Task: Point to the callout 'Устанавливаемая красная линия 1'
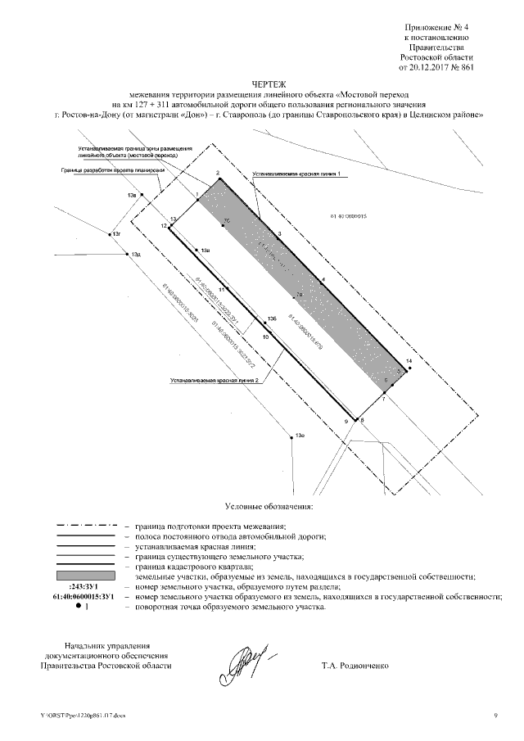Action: (x=296, y=174)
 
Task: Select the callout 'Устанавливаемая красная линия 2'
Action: (x=215, y=381)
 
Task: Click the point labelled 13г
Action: (x=110, y=233)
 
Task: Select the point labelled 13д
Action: (x=125, y=254)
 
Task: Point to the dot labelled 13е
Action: (x=292, y=437)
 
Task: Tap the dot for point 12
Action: (x=170, y=229)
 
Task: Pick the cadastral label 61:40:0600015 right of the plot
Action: (x=347, y=218)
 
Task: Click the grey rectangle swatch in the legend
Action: (x=85, y=576)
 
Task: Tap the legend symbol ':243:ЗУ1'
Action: (x=85, y=587)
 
